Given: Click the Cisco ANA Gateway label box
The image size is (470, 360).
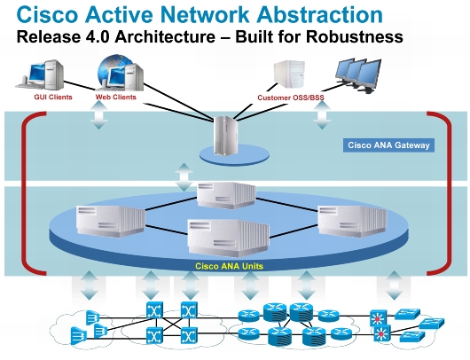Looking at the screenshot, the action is [388, 145].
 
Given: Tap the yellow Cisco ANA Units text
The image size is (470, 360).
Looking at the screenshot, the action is [229, 266].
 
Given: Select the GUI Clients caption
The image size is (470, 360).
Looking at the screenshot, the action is [53, 98].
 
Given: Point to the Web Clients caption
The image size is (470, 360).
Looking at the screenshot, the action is [115, 98].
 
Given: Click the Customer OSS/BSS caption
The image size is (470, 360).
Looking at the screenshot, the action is [291, 98].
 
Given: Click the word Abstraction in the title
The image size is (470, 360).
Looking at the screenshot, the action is [319, 14].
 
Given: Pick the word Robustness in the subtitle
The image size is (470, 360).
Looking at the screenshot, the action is [355, 37].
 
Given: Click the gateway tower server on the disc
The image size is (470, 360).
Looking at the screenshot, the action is [225, 136].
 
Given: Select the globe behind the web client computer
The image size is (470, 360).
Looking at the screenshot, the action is [114, 68].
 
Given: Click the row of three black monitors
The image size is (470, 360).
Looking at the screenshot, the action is [358, 75].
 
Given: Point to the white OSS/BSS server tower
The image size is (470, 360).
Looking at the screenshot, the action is [289, 74].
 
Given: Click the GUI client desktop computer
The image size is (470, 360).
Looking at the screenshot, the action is [40, 75].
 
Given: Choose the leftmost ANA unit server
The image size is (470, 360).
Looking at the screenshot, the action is [111, 221].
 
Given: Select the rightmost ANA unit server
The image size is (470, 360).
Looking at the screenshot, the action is [352, 221].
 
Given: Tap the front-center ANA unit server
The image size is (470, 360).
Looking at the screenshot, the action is [229, 238].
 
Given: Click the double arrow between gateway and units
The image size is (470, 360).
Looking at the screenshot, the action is [184, 177].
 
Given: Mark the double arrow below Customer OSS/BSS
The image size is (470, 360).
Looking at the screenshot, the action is [322, 115].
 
